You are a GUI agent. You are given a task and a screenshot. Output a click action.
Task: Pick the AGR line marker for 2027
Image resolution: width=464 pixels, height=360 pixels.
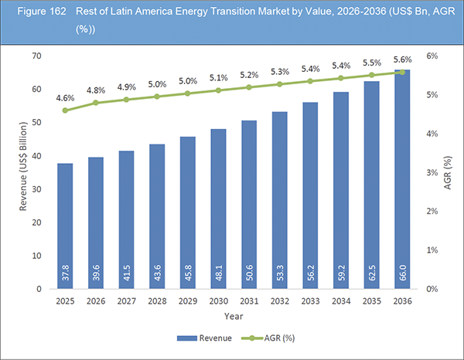(127, 100)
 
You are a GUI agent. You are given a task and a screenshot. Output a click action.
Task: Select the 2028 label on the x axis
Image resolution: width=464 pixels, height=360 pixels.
(157, 301)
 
